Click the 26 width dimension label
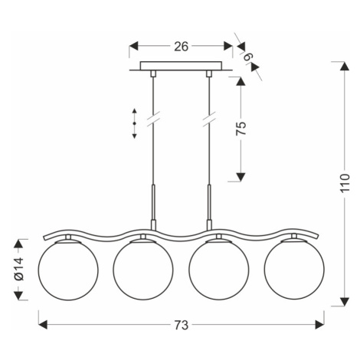click(x=181, y=47)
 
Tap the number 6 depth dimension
click(x=248, y=56)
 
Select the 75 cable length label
click(x=241, y=128)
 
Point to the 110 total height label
click(x=345, y=183)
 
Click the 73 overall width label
click(x=182, y=325)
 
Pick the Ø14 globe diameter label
click(x=19, y=269)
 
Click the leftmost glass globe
click(x=68, y=270)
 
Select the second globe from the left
click(x=143, y=270)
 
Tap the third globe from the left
click(x=219, y=270)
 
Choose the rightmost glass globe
click(x=294, y=270)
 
